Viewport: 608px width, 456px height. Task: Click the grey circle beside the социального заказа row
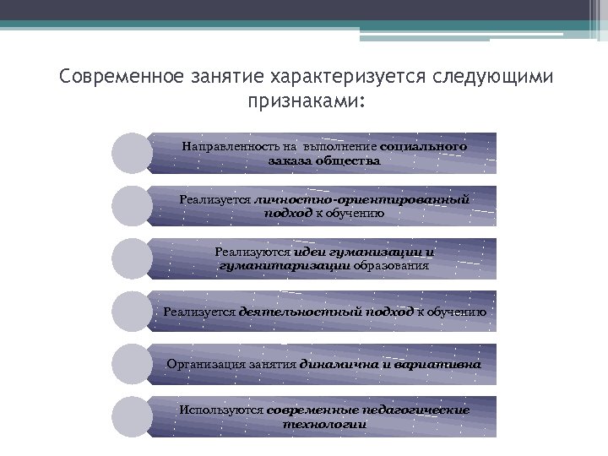[133, 153]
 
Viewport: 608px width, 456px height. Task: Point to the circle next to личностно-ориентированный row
[133, 205]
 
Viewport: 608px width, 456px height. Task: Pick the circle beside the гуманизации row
[133, 258]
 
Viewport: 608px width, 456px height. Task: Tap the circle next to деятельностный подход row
[133, 312]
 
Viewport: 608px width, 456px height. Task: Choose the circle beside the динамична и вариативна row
[133, 364]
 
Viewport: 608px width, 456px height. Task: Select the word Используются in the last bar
[221, 410]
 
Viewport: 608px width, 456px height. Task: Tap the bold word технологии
[324, 424]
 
